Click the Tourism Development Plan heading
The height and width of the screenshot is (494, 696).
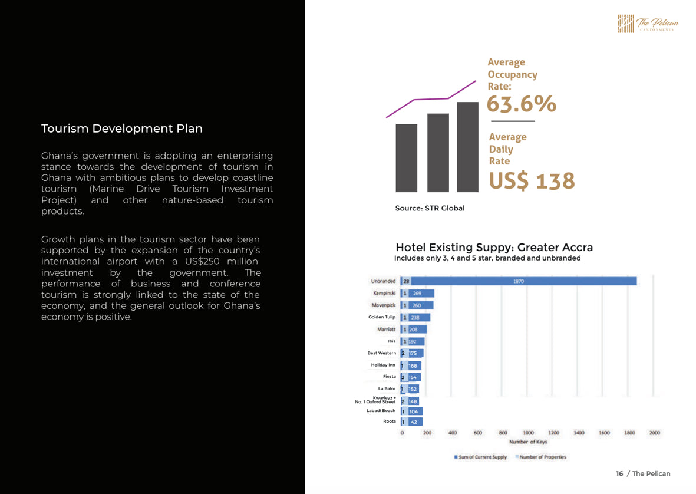pos(121,129)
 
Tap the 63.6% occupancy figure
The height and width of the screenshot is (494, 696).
pos(521,104)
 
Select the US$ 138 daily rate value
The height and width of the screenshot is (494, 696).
pos(532,180)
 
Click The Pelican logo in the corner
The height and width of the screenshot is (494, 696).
pos(648,24)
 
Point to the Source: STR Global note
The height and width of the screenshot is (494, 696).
pos(430,208)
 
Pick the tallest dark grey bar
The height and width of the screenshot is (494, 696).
pos(467,147)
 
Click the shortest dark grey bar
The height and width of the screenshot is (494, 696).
pos(406,158)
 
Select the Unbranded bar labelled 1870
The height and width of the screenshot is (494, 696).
pos(519,281)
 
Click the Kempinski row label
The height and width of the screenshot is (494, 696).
pos(384,294)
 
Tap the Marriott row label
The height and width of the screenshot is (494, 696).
pos(386,330)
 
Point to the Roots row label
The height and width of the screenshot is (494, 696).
pos(390,421)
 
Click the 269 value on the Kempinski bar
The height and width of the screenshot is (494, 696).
pos(417,294)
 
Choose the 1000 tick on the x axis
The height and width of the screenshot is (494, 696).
pos(528,433)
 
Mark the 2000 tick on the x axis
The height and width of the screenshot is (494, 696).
pos(655,433)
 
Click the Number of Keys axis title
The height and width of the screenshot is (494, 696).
pos(528,442)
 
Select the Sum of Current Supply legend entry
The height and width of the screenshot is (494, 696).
pos(480,457)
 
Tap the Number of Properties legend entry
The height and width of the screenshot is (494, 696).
pos(540,457)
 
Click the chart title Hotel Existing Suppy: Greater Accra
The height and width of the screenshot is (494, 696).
pos(494,247)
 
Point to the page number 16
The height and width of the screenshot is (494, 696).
pos(619,473)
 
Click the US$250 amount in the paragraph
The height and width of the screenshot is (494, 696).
pos(202,261)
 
